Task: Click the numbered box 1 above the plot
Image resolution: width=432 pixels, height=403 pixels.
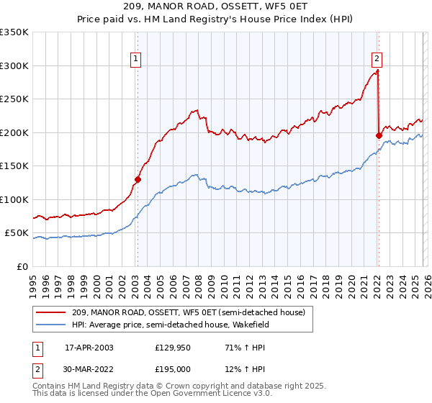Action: coord(137,60)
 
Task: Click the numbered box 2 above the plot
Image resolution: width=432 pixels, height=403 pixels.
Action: coord(377,60)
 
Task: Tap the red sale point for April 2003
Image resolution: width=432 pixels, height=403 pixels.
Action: coord(138,179)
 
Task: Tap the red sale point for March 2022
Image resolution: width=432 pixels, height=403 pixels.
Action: coord(379,135)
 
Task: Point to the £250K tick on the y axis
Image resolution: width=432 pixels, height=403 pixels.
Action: coord(14,99)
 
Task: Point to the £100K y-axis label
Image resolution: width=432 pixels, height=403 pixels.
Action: coord(14,199)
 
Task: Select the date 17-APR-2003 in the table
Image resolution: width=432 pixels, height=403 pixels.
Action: coord(89,348)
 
